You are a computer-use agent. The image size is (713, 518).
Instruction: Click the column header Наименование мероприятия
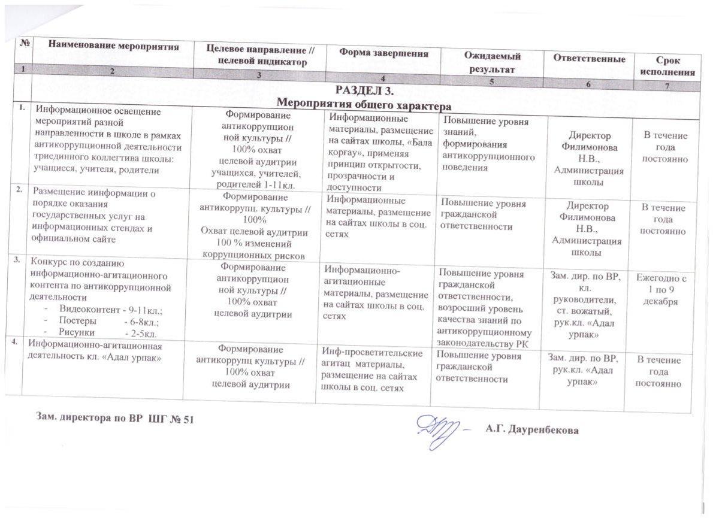pos(114,45)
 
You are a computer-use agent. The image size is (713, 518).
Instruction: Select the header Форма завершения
pos(384,53)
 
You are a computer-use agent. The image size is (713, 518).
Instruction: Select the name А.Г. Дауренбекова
pos(533,429)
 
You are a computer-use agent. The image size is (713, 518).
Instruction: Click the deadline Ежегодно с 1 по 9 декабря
pos(661,290)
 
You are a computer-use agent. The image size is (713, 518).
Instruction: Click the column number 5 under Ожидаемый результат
pos(491,82)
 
